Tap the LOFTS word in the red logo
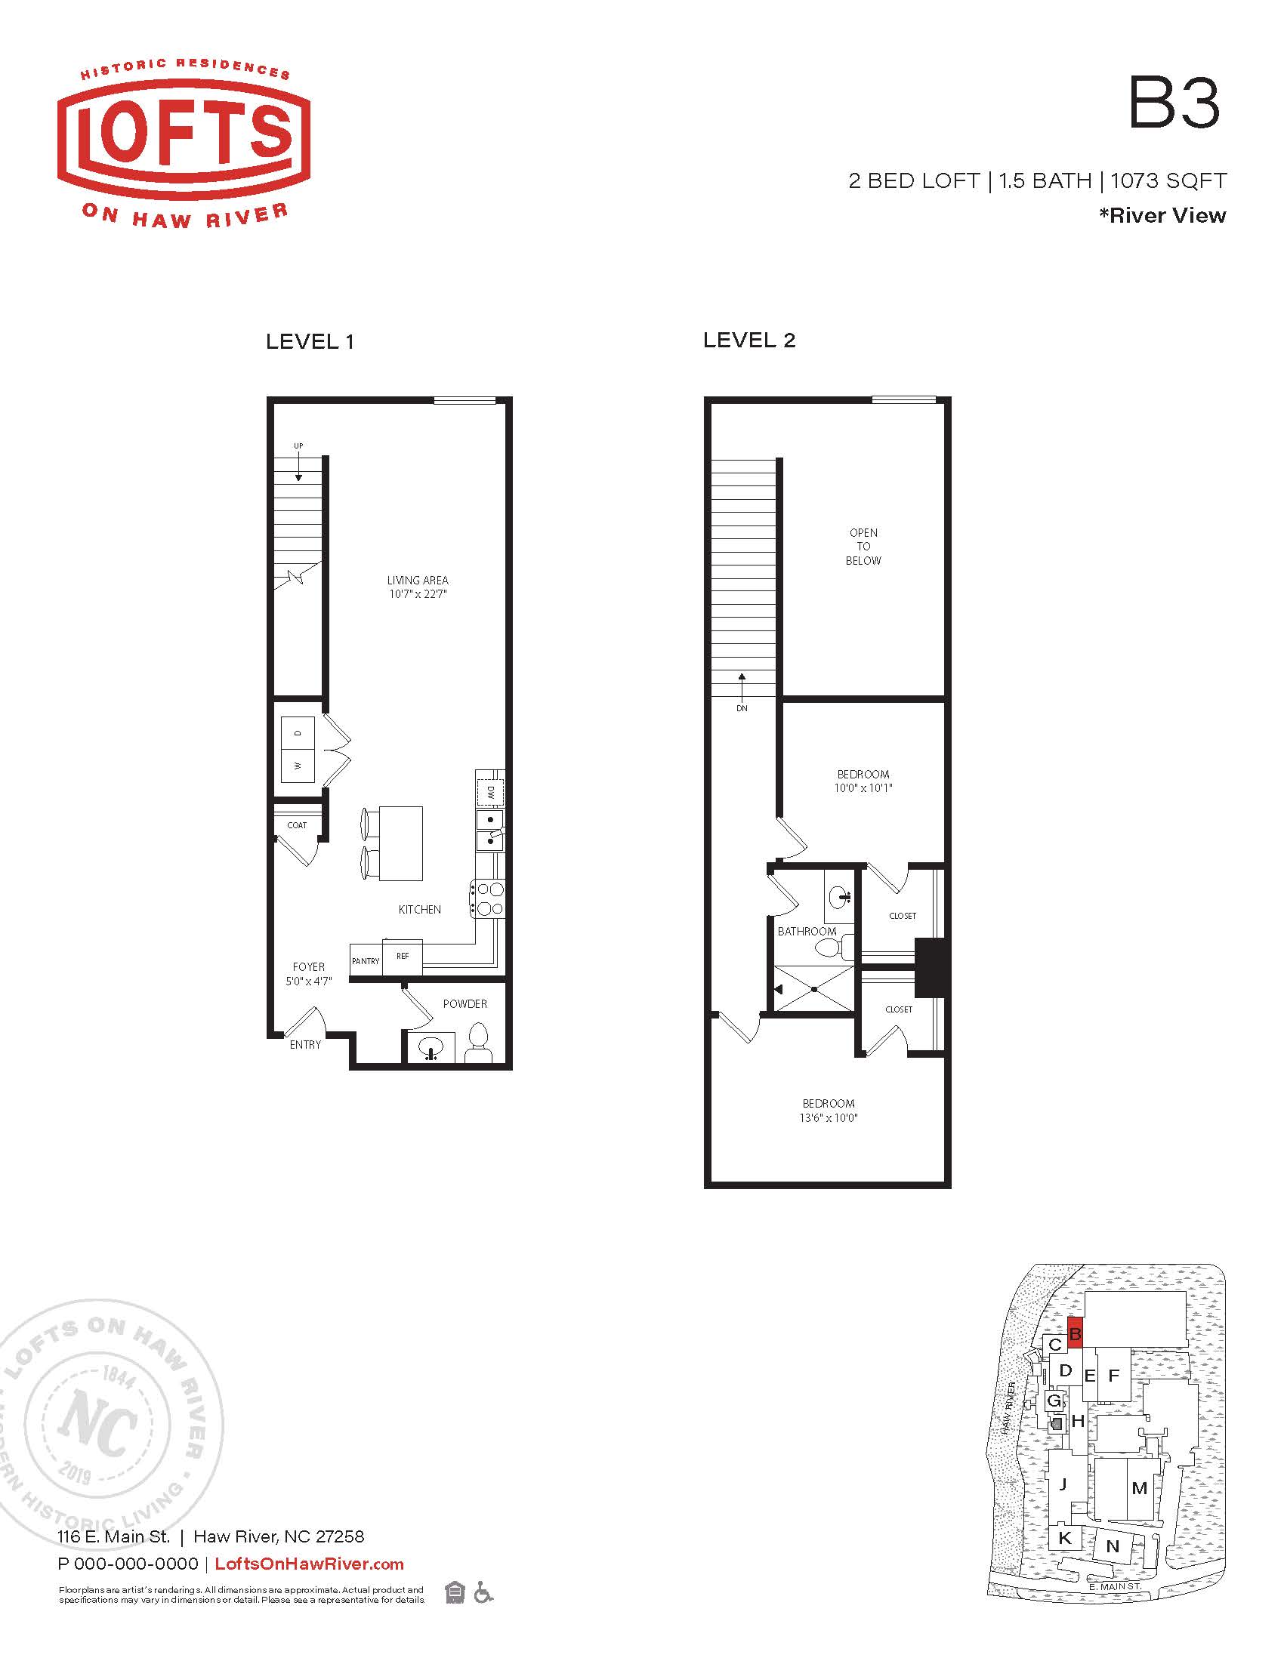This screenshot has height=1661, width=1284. pos(184,134)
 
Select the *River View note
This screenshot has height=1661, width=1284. pos(1162,215)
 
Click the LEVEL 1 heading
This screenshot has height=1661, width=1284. pos(310,342)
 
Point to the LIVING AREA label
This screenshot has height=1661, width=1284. pos(418,581)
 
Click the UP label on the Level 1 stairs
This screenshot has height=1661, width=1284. pos(298,446)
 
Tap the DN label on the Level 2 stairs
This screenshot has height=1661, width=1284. pos(742,708)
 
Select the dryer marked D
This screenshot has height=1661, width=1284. pos(298,733)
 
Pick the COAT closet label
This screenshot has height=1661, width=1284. pos(298,825)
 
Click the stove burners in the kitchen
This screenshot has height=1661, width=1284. pos(488,898)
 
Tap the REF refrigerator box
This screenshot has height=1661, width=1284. pos(403,957)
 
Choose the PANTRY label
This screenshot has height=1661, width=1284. pos(366,961)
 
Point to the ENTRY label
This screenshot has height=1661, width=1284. pos(305,1045)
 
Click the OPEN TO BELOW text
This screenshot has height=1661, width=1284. pos(863,547)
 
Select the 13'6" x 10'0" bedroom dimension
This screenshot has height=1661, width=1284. pos(828,1118)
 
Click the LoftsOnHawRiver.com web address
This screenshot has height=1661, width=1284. pos(310,1564)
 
